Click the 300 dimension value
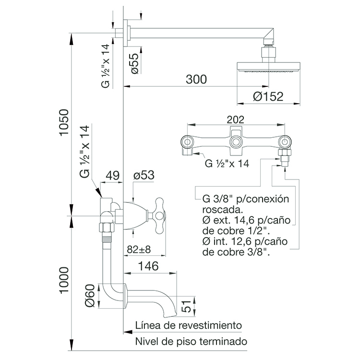(x=196, y=79)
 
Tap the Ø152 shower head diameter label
(x=268, y=96)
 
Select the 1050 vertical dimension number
(x=64, y=122)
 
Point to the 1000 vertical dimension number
(x=64, y=280)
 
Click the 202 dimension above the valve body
(x=236, y=120)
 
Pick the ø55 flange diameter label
(x=135, y=63)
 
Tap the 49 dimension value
(x=112, y=175)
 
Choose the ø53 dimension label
(x=144, y=175)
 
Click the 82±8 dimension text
(x=139, y=249)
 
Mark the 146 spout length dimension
(x=148, y=266)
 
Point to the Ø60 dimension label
(x=90, y=296)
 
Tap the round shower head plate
(x=268, y=67)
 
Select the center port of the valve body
(x=236, y=142)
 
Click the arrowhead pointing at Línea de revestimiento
(x=128, y=332)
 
